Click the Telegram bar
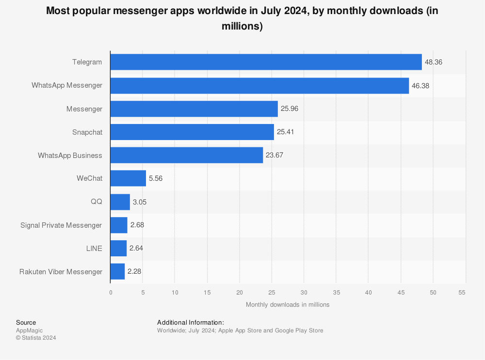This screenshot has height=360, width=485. point(266,62)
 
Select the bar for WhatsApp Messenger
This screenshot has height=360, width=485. point(259,85)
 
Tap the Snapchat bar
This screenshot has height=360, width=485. point(192,132)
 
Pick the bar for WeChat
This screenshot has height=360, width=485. point(128,178)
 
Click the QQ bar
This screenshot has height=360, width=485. point(120,202)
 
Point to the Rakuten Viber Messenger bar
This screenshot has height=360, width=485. point(117,271)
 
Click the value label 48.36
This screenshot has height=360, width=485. point(434,62)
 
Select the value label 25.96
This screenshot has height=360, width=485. point(290,109)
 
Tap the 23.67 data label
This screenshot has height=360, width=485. point(275,155)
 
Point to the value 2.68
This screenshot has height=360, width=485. point(137,225)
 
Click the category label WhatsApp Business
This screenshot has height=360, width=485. point(70,155)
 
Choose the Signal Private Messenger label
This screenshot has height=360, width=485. point(61,225)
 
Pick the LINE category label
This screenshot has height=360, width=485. point(94,248)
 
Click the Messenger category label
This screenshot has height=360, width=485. point(84,109)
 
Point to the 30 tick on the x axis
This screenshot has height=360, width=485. point(304,292)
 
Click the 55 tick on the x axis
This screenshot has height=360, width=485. point(462,292)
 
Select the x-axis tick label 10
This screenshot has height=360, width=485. point(175,292)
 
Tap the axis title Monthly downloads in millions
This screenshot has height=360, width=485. point(288,305)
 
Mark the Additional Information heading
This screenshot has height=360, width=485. point(191,322)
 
